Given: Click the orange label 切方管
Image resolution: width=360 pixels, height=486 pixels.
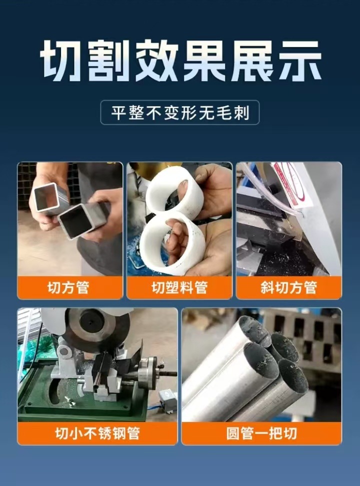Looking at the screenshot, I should click(70, 288).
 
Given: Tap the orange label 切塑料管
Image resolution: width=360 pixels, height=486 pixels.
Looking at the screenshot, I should click(179, 288).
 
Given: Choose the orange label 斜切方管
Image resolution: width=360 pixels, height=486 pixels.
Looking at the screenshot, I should click(288, 288).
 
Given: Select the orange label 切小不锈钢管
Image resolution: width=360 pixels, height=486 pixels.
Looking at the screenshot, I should click(97, 433).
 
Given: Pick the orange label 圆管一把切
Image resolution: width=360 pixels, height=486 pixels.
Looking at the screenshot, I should click(261, 433).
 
